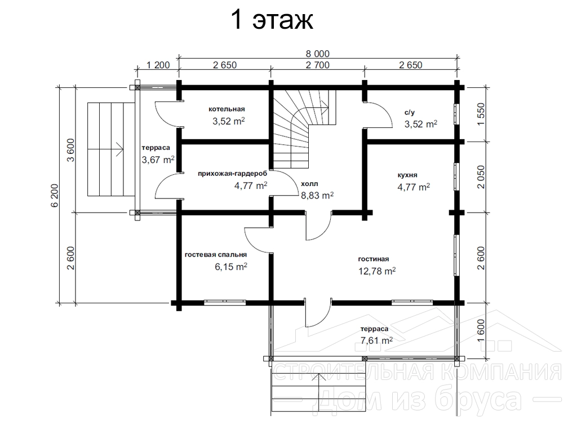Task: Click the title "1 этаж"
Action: (x=272, y=20)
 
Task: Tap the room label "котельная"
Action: (x=227, y=109)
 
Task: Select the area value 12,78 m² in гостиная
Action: (x=377, y=271)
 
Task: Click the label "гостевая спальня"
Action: (x=216, y=255)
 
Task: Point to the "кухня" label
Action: (x=407, y=175)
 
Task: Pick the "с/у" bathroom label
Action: (x=410, y=113)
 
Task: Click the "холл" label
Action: (x=309, y=184)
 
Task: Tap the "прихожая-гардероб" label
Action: (x=233, y=174)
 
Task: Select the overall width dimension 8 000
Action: (x=318, y=54)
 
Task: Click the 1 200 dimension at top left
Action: (x=158, y=65)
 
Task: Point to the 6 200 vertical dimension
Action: (x=55, y=195)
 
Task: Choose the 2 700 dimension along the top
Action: (x=318, y=65)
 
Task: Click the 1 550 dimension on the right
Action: (x=481, y=114)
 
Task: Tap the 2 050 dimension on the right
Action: (x=481, y=177)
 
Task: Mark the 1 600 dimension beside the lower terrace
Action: (x=481, y=330)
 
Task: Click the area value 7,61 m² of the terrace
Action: (x=376, y=340)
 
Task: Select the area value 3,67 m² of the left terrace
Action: (x=158, y=160)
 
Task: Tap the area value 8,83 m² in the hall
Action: (x=317, y=195)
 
